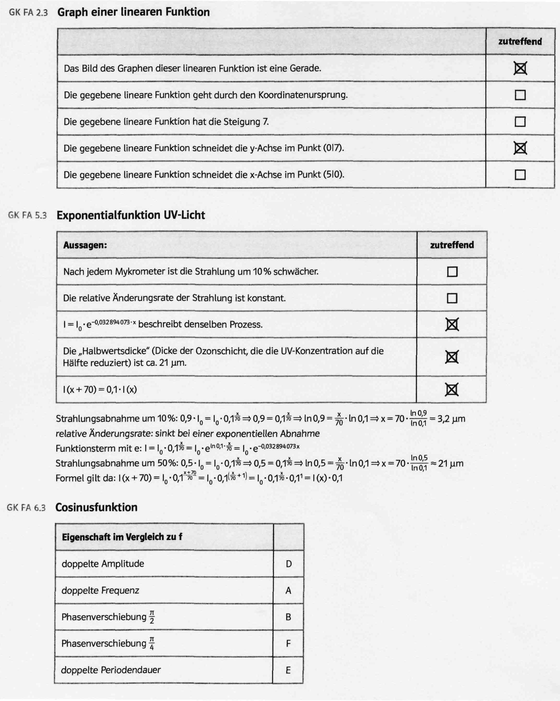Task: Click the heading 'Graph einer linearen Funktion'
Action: (133, 12)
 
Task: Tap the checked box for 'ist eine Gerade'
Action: (520, 68)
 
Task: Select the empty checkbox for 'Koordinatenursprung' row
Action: (520, 95)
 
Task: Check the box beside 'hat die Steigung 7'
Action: (520, 122)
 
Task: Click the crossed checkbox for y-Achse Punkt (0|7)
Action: (520, 148)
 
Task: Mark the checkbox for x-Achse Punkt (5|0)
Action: (520, 175)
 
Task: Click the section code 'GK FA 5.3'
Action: (28, 215)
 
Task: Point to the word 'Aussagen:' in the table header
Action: (85, 245)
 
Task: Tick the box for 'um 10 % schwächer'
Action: (452, 271)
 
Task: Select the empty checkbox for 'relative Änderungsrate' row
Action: (452, 298)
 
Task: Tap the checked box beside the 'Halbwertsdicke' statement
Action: (452, 357)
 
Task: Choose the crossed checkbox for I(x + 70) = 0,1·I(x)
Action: (452, 389)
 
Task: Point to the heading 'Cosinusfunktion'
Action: (96, 507)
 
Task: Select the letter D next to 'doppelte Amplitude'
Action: (288, 564)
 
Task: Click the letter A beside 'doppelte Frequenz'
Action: (288, 590)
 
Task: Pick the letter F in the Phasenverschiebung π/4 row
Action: (288, 643)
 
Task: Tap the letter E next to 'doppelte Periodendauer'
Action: (288, 670)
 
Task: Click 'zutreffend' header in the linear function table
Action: (520, 42)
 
